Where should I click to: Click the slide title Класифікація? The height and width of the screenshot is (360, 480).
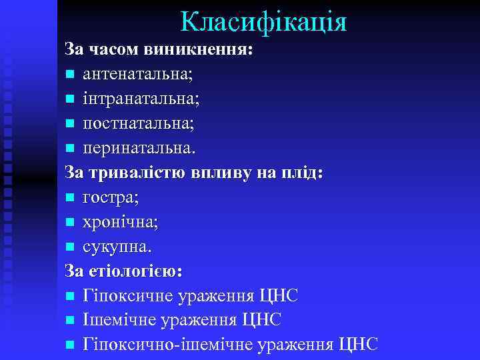[x=264, y=22]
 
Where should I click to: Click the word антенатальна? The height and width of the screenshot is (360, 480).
[x=137, y=75]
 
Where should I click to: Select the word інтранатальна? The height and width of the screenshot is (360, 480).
[x=140, y=99]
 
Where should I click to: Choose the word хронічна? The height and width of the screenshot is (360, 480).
[x=120, y=222]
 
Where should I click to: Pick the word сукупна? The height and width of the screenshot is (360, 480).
[x=117, y=247]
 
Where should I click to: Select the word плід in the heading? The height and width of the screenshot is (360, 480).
[x=303, y=173]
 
